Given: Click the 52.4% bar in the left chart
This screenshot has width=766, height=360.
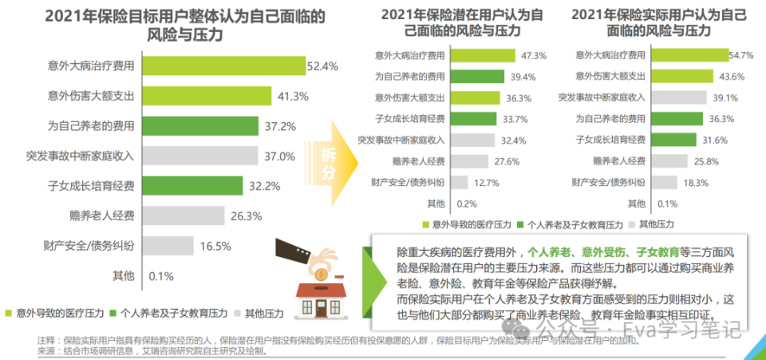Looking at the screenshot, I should tap(224, 65).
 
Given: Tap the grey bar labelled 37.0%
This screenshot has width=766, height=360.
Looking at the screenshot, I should tap(201, 156).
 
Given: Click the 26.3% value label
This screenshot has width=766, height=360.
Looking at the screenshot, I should tap(235, 216).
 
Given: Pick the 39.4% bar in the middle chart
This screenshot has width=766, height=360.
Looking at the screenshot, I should tap(478, 77).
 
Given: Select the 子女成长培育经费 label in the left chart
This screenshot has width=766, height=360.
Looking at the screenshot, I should tap(91, 186).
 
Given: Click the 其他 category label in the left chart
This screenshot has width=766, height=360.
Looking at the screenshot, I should tap(123, 276).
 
